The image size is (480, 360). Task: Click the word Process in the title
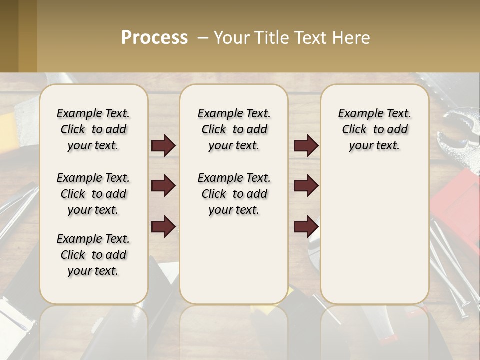pos(154,38)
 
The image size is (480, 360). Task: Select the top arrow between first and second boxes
pos(163,146)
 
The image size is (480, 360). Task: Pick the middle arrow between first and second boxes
pos(163,186)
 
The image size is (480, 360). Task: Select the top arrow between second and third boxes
pos(306,146)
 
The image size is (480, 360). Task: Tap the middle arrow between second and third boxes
pos(306,186)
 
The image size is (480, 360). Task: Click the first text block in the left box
pos(93,129)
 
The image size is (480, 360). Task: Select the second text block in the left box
pos(93,194)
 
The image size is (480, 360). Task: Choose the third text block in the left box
pos(93,255)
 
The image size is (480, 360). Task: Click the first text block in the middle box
pos(234,129)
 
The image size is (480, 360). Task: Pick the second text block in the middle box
pos(234,194)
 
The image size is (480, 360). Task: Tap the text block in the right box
pos(374,129)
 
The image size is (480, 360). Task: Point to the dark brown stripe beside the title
pos(9,36)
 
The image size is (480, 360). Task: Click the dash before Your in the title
pos(203,38)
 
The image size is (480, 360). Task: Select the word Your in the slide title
pos(229,38)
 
